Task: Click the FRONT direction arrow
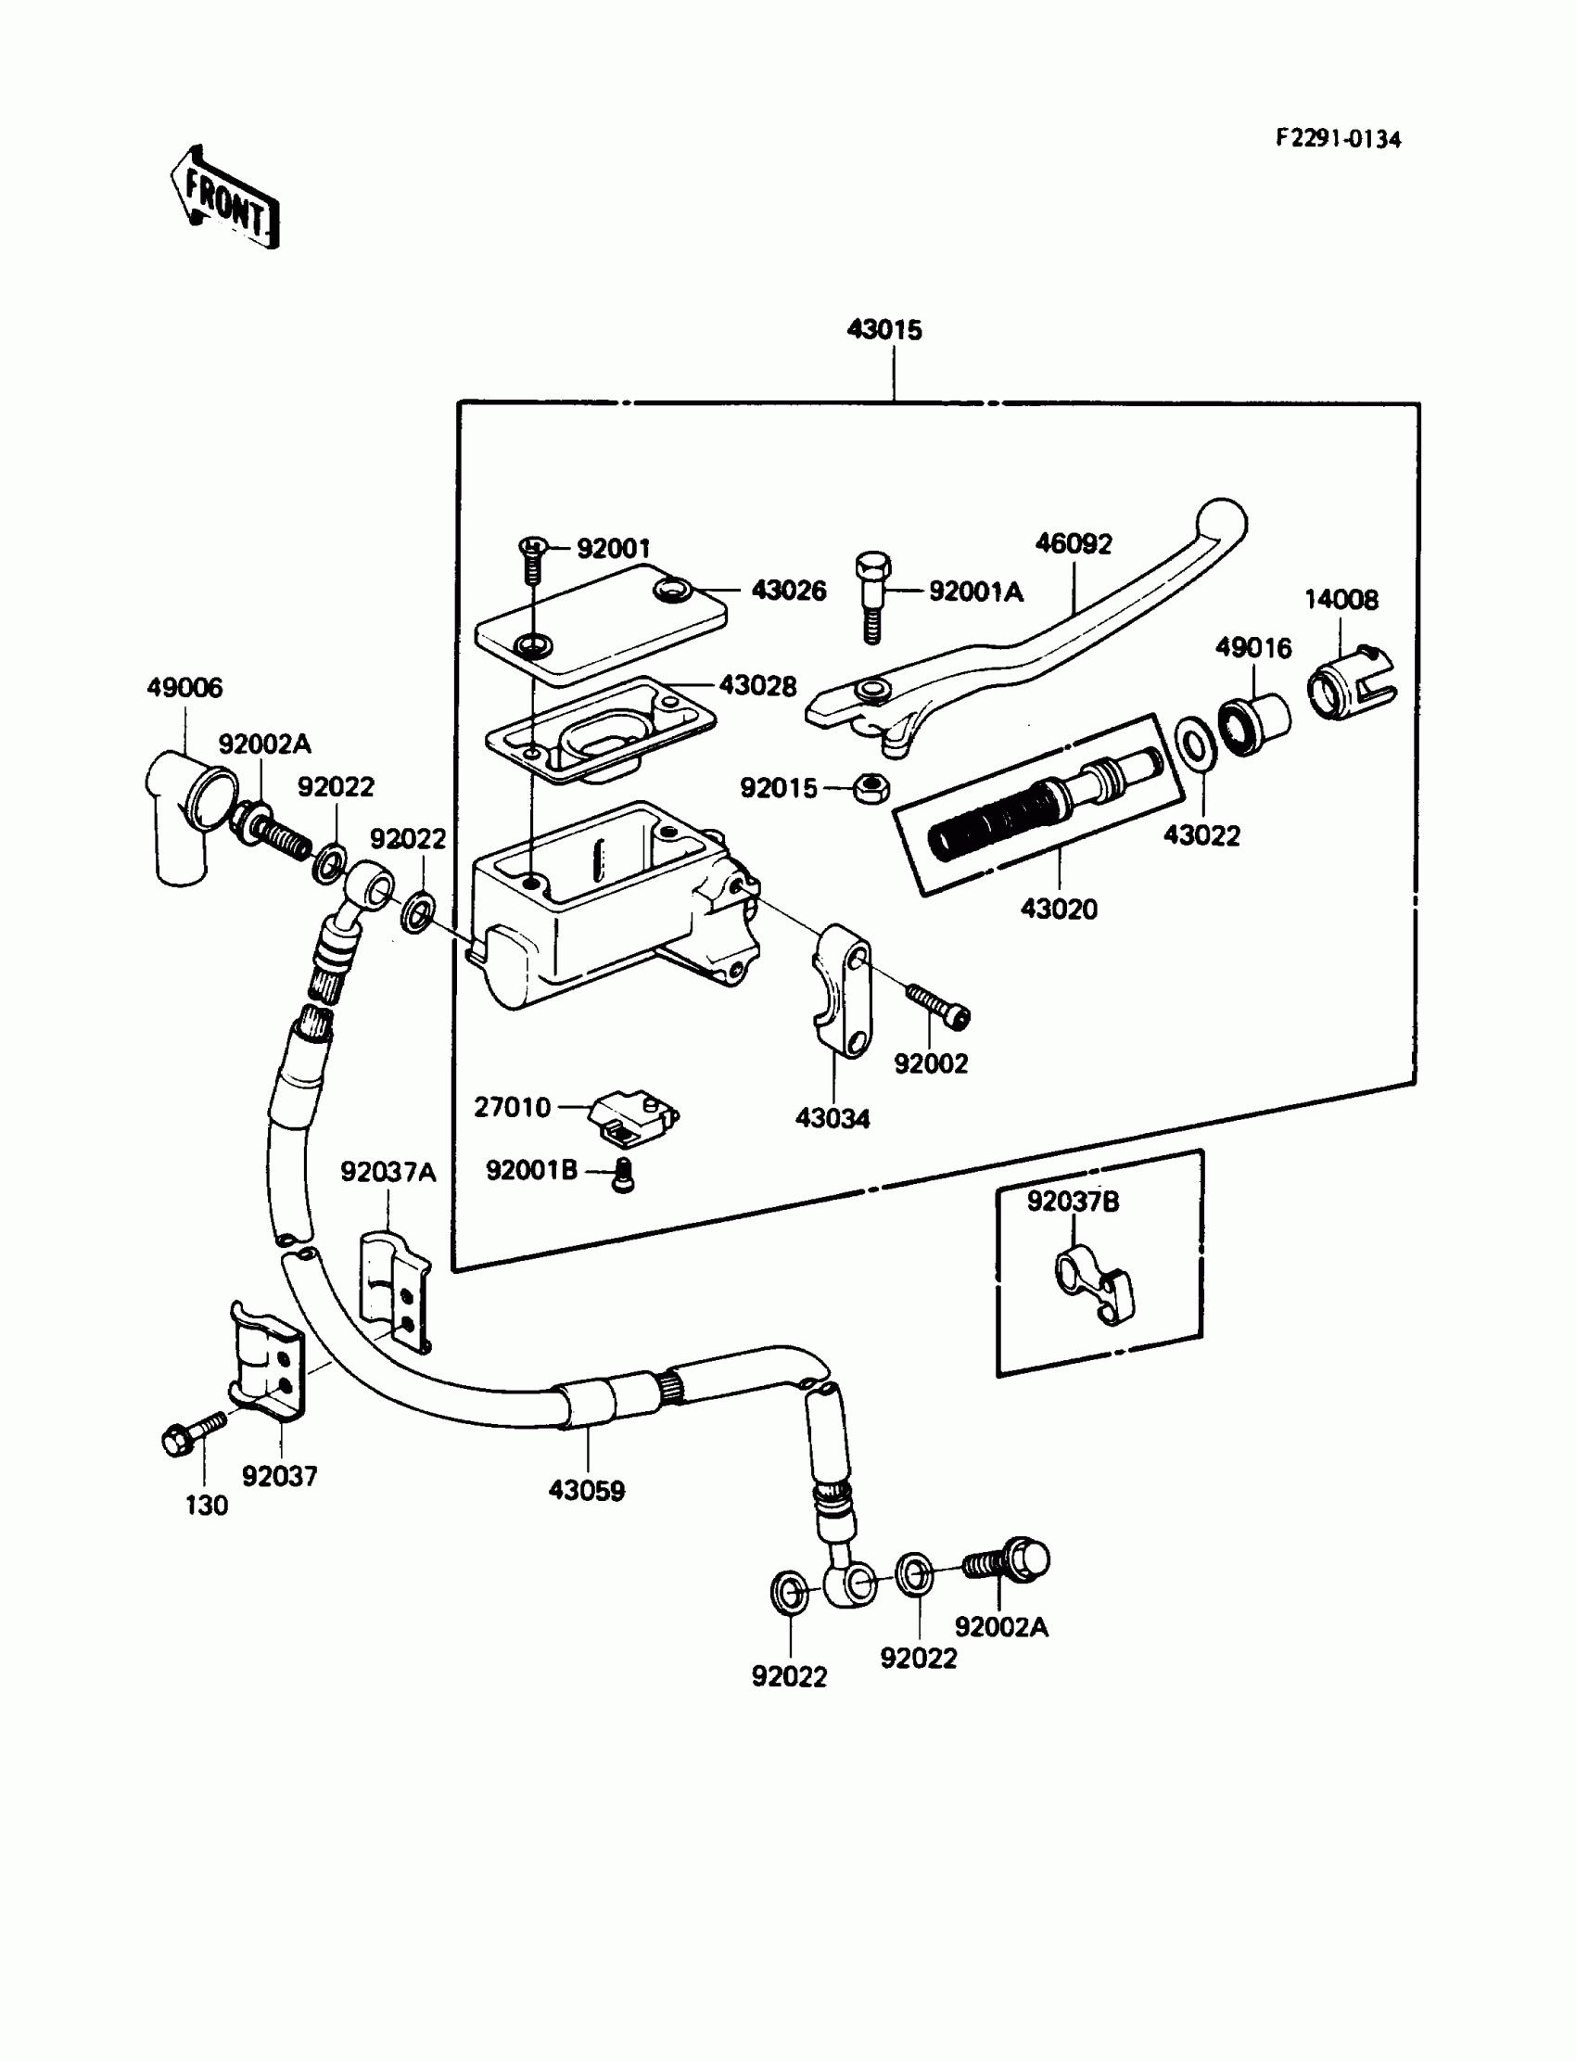225,197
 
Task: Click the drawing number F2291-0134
1338,139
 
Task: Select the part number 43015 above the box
884,329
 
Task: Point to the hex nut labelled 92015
871,787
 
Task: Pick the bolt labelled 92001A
872,597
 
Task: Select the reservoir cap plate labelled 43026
602,620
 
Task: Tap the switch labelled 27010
633,1117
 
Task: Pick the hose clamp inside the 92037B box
1095,1285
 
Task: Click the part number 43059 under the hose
586,1491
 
